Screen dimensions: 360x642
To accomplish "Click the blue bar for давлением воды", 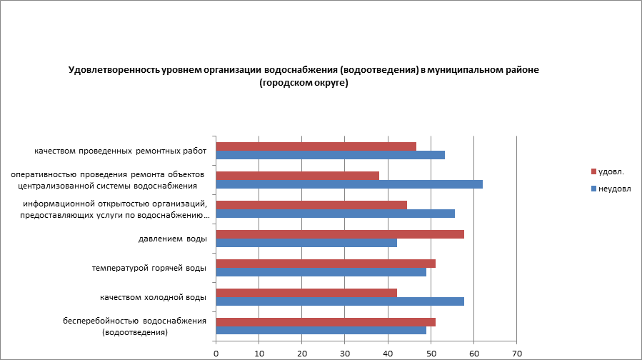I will pos(306,243).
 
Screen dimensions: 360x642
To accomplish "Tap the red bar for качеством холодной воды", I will pos(306,292).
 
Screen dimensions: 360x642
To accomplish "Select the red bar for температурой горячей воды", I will pos(326,263).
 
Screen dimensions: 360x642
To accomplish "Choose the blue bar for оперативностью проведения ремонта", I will pos(349,184).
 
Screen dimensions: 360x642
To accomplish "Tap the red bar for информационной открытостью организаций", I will pos(311,205).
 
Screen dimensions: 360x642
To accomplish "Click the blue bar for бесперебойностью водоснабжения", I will pos(321,330).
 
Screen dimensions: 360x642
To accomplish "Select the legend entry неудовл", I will pos(611,189).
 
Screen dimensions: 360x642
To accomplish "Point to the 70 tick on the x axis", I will pos(517,353).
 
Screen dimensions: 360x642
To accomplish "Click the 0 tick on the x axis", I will pos(216,353).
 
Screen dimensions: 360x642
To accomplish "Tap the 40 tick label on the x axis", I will pos(388,353).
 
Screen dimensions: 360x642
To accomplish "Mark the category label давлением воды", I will pos(172,239).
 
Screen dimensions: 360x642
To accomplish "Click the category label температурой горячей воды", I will pos(149,268).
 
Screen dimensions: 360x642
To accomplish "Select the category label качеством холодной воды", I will pos(153,296).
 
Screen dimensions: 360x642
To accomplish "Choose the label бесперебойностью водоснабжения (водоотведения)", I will pos(134,326).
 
